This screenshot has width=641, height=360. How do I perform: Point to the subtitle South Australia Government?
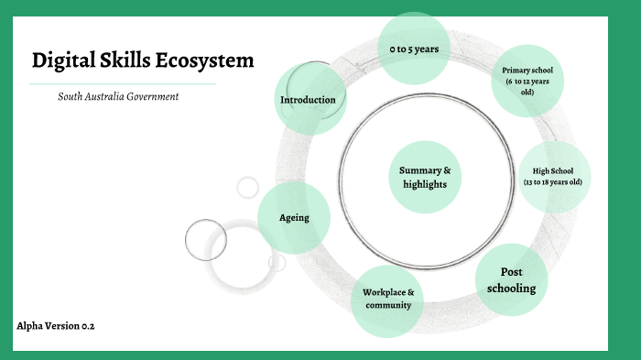click(118, 96)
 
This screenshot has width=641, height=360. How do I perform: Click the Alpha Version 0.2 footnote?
click(56, 326)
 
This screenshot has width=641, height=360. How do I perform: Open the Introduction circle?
click(309, 99)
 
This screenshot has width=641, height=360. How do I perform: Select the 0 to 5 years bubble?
click(413, 49)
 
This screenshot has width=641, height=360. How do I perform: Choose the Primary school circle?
click(527, 81)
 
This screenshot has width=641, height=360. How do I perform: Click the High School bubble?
click(552, 176)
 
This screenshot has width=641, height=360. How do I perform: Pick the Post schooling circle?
click(511, 279)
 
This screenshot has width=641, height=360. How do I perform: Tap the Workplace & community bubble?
click(387, 299)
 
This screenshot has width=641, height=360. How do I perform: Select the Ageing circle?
click(294, 218)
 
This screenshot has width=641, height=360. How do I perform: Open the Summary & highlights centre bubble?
click(425, 177)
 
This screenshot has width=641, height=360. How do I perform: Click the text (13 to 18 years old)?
click(552, 182)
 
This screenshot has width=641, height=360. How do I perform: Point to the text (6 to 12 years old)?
click(527, 87)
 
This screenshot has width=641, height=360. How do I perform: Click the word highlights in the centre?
click(425, 184)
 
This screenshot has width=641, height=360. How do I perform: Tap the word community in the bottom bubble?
click(387, 305)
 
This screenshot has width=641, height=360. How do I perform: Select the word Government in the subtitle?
click(151, 96)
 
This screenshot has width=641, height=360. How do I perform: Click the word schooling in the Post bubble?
click(511, 288)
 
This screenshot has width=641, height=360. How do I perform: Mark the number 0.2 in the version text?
click(88, 326)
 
